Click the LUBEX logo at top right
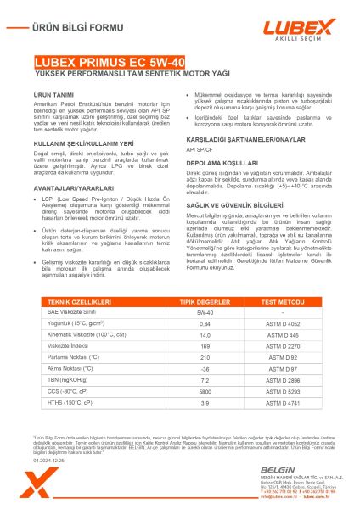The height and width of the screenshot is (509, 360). pyautogui.click(x=301, y=28)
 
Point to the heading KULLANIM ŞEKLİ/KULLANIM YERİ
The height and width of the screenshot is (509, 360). pyautogui.click(x=84, y=144)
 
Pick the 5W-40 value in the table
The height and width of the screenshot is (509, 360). pyautogui.click(x=204, y=312)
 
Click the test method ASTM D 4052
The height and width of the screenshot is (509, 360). pyautogui.click(x=284, y=323)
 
